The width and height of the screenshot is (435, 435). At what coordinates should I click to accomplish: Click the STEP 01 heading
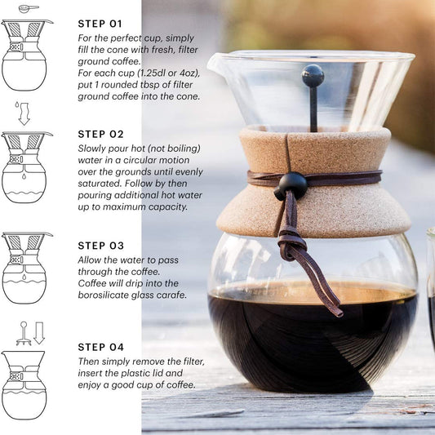(100, 24)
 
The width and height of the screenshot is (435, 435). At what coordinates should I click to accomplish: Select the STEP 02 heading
(100, 135)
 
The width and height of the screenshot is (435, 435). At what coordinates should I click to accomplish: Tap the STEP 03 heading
(100, 246)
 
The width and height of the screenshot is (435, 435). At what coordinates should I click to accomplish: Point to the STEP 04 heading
(100, 347)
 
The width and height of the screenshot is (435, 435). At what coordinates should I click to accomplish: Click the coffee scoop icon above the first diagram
(29, 8)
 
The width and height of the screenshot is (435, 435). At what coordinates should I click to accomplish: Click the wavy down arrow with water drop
(24, 113)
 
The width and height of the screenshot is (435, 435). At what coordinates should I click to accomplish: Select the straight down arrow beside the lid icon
(39, 333)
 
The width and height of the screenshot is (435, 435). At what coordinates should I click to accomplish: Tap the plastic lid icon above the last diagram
(24, 334)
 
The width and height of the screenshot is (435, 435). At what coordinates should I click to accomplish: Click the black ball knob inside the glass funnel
(313, 75)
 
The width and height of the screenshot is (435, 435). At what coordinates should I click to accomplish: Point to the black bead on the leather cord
(293, 184)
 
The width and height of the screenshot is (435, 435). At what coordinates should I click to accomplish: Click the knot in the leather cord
(291, 244)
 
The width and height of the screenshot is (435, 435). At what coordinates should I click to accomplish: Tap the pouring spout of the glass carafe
(215, 62)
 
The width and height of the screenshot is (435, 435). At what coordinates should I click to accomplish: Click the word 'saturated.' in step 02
(100, 184)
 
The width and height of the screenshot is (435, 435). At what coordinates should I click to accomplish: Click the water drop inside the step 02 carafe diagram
(24, 176)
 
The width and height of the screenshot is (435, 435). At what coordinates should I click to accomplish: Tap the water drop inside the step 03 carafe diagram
(24, 277)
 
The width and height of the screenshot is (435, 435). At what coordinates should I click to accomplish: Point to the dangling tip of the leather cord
(339, 313)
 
